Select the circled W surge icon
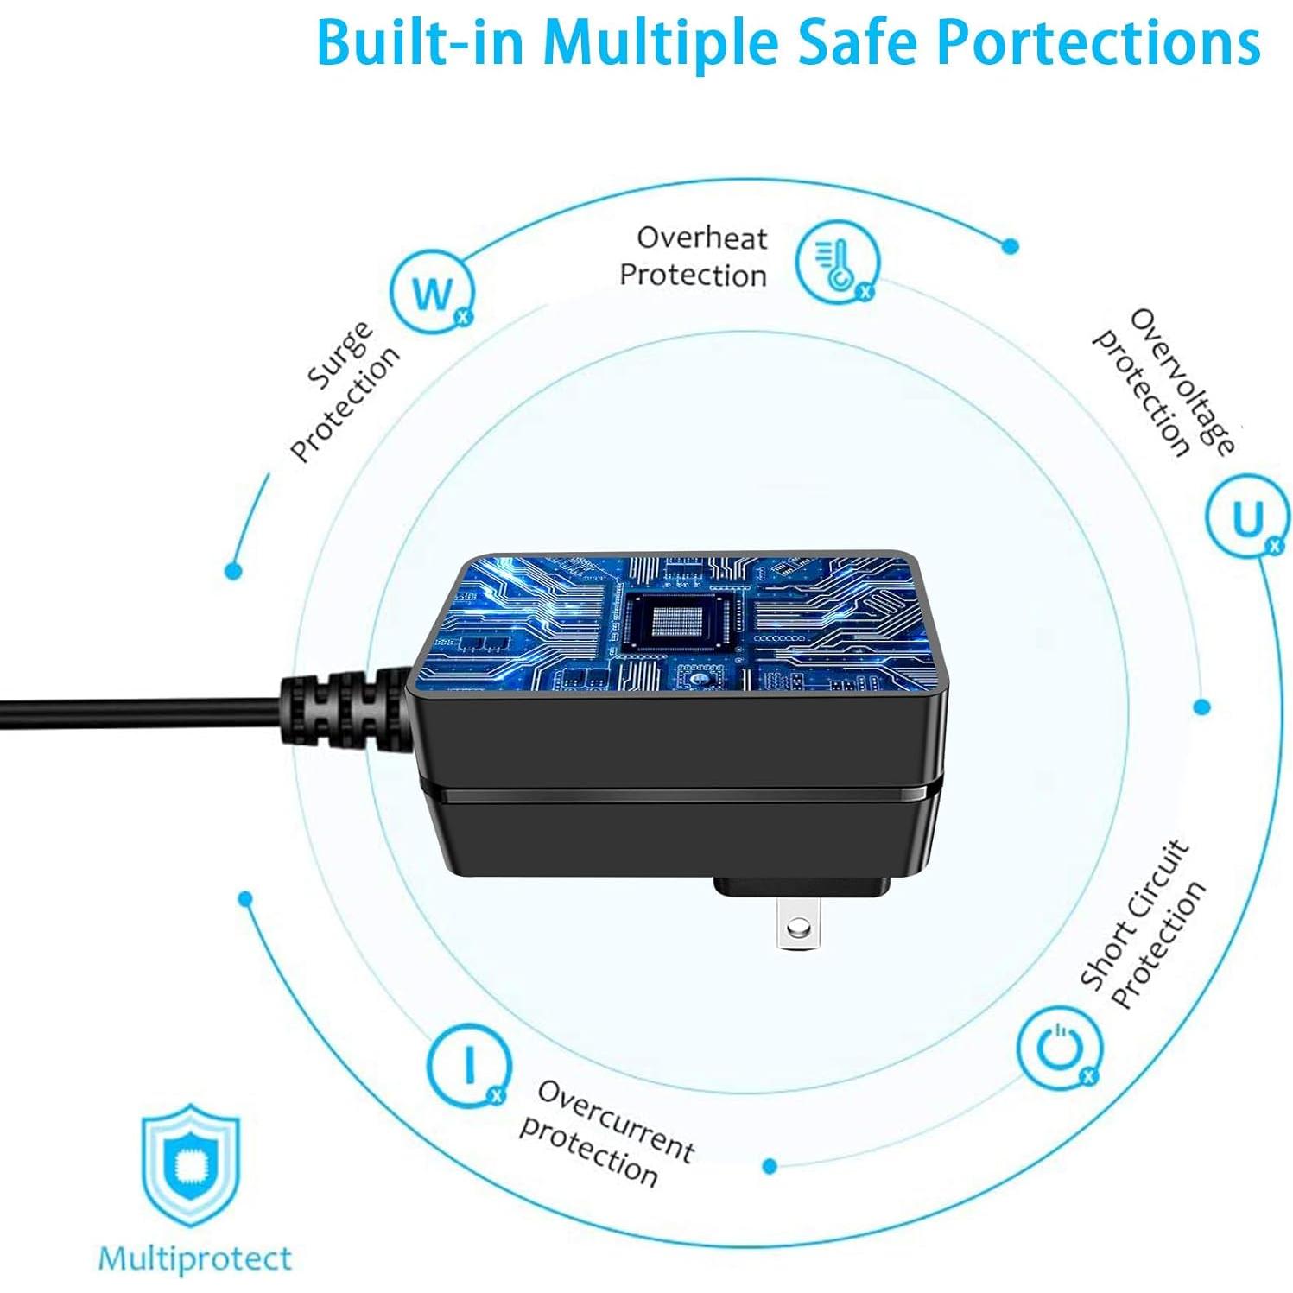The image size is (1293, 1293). [x=431, y=293]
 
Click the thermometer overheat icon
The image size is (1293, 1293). [x=836, y=262]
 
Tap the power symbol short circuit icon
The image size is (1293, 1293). [x=1059, y=1047]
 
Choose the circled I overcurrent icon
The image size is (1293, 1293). [x=469, y=1064]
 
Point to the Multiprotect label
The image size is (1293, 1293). [x=195, y=1258]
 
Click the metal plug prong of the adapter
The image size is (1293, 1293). [x=798, y=924]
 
